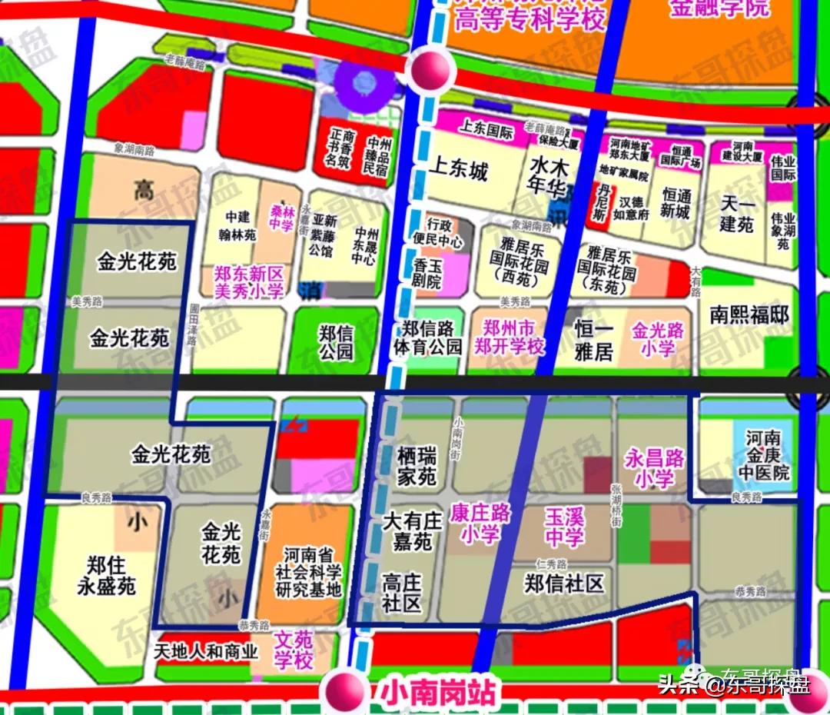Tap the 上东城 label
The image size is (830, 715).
click(x=458, y=170)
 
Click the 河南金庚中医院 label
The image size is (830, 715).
click(x=767, y=455)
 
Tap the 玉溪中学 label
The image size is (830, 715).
click(x=564, y=527)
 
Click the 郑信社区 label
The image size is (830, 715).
click(x=564, y=584)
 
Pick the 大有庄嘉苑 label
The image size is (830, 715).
click(x=412, y=531)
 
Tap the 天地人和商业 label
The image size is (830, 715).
click(x=205, y=652)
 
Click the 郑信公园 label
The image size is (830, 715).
click(x=336, y=342)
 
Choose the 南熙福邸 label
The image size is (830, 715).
click(x=749, y=315)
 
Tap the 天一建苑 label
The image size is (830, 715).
click(x=737, y=214)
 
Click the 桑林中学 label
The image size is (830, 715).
click(x=281, y=217)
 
